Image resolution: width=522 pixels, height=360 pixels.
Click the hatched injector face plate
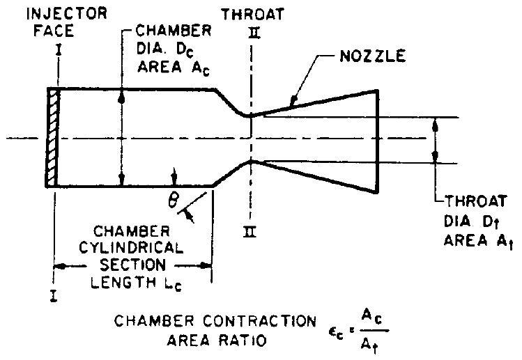point(54,137)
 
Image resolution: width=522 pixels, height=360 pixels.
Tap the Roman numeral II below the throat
point(248,233)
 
